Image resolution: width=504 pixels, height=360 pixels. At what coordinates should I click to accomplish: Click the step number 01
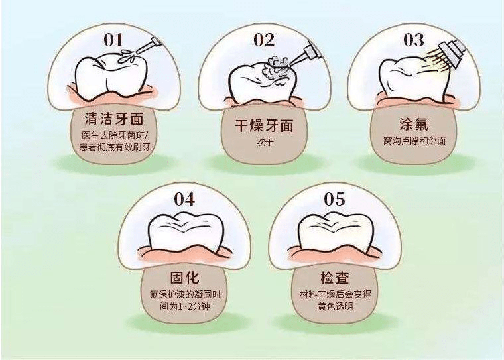click(x=113, y=41)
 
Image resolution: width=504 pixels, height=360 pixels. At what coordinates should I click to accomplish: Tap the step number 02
click(x=264, y=40)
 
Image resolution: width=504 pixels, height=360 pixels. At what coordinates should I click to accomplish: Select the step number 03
click(x=414, y=40)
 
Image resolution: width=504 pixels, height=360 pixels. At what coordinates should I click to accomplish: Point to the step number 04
click(x=184, y=199)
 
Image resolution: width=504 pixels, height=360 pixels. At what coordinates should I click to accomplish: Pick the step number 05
click(x=335, y=199)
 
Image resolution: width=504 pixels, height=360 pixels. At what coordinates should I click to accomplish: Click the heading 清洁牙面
click(x=114, y=119)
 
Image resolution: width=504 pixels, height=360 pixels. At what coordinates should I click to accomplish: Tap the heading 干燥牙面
click(x=264, y=126)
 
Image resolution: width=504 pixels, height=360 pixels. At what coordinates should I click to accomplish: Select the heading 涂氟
click(x=414, y=124)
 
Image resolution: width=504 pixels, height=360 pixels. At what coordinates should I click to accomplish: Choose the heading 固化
click(x=184, y=278)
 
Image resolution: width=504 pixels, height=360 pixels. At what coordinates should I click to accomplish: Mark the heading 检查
click(x=335, y=278)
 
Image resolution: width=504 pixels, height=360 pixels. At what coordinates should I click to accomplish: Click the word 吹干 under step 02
click(x=265, y=142)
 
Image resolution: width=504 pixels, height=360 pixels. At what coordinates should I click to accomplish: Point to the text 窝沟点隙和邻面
click(x=414, y=141)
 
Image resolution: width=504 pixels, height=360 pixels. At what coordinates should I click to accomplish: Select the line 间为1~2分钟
click(x=185, y=306)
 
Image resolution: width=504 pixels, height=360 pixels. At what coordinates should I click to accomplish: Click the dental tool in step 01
click(x=149, y=46)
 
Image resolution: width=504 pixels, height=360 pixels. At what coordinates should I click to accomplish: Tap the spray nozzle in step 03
click(x=452, y=52)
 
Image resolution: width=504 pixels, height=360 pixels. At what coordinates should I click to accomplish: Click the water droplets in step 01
click(x=127, y=56)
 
